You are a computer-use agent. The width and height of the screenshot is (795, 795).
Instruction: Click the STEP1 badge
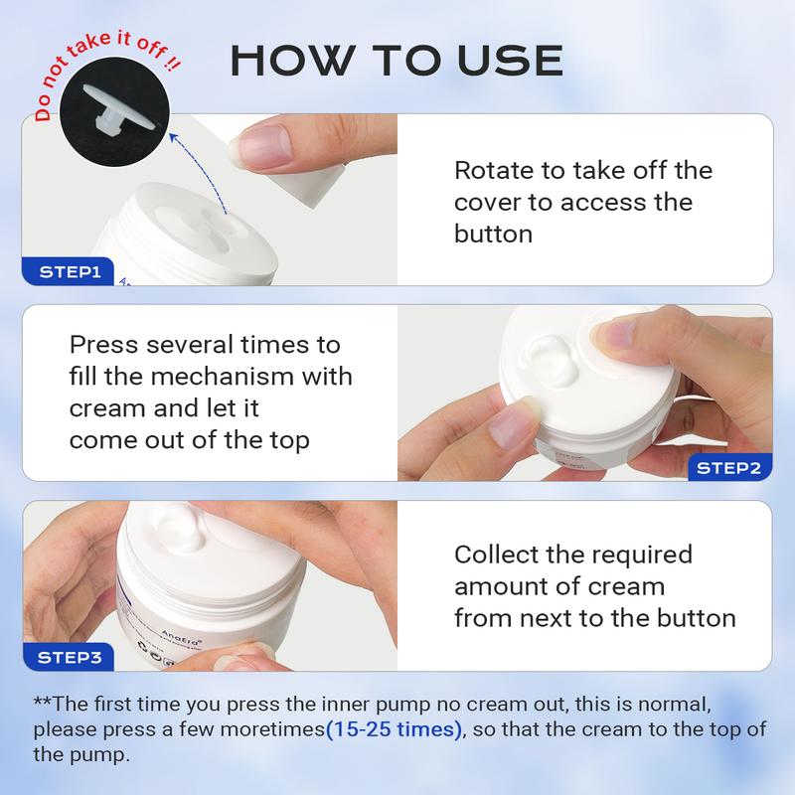point(68,271)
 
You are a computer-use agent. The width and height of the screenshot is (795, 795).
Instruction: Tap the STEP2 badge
point(729,467)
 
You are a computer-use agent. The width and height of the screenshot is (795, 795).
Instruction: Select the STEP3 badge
point(69,657)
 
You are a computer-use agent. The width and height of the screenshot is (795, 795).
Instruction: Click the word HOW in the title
point(291,61)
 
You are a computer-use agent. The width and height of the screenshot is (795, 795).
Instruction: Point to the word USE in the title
point(510,61)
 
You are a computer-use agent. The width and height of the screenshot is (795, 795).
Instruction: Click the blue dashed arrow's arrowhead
point(173,137)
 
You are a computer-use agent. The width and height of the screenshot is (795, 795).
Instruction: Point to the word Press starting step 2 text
point(103,345)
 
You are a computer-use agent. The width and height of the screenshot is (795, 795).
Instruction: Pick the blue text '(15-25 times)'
point(394,729)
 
